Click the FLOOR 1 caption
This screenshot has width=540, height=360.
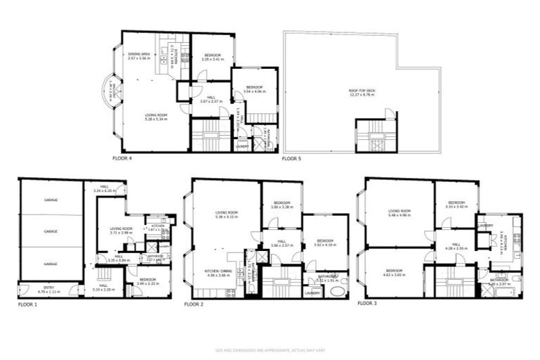pyautogui.click(x=27, y=304)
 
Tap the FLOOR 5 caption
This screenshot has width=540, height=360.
pyautogui.click(x=291, y=159)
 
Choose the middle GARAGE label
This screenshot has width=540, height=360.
pyautogui.click(x=51, y=231)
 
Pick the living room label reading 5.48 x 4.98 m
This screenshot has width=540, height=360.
pyautogui.click(x=399, y=213)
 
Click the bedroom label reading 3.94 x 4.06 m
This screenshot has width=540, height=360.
pyautogui.click(x=250, y=89)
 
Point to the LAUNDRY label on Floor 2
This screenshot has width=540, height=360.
pyautogui.click(x=312, y=292)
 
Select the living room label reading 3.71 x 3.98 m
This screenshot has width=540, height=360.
pyautogui.click(x=121, y=231)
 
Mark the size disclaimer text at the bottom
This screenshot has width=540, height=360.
pyautogui.click(x=269, y=350)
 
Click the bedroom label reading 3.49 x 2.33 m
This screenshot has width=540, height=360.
pyautogui.click(x=148, y=281)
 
